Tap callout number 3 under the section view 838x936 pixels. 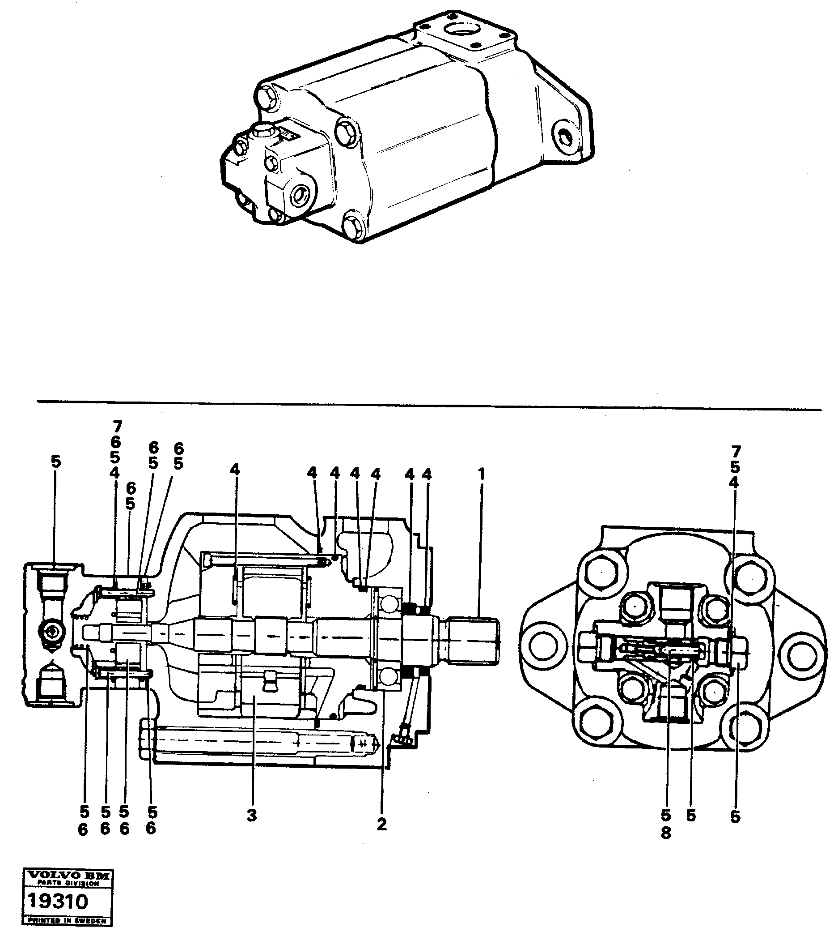click(251, 815)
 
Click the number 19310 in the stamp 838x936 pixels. click(57, 901)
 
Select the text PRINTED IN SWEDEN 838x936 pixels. click(67, 921)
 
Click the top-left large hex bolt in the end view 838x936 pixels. click(601, 572)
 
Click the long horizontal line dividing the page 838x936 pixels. click(428, 405)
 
